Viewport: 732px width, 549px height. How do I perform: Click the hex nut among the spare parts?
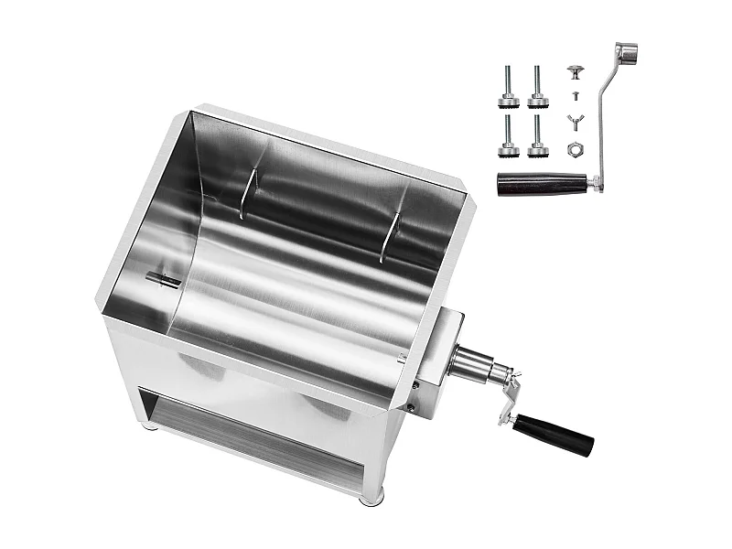(x=575, y=147)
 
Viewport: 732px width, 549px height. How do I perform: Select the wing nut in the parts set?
(x=575, y=120)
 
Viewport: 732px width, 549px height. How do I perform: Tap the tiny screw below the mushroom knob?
(x=574, y=94)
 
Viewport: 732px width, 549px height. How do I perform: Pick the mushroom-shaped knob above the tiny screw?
(x=574, y=71)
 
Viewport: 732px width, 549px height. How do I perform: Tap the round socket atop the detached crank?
(x=626, y=51)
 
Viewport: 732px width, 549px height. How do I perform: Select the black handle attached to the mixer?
(x=554, y=434)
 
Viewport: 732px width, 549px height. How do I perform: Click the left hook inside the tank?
(x=245, y=193)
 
